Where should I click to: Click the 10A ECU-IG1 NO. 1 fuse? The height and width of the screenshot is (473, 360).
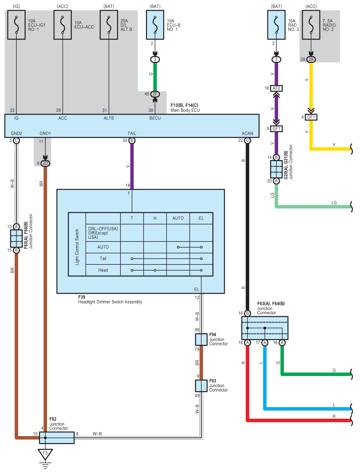pos(16,25)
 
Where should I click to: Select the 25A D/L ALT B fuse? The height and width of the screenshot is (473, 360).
pos(109,25)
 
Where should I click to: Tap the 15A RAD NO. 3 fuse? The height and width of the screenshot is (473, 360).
pos(276,25)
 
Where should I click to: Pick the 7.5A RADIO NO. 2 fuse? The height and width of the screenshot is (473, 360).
pos(311,25)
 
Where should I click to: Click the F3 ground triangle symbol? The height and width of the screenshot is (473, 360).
pos(45,454)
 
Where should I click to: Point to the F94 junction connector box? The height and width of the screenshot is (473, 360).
pos(201,340)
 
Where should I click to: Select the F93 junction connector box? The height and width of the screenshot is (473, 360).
pos(201,386)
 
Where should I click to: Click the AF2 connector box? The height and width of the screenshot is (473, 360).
pos(276,88)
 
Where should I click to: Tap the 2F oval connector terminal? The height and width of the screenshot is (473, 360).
pos(155,94)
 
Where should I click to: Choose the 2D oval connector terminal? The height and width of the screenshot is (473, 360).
pos(45,163)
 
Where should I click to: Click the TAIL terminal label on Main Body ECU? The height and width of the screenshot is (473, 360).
pos(132,133)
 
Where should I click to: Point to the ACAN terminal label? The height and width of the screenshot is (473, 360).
pos(247,133)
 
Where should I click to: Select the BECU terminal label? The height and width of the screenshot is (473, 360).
pos(155,118)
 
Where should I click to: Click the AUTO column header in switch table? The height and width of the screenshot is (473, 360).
pos(178,218)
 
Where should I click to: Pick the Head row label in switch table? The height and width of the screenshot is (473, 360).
pos(103,270)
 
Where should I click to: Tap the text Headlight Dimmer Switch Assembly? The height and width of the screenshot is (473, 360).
pos(110,302)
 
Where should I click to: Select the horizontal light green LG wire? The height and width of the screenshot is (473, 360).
pos(314,206)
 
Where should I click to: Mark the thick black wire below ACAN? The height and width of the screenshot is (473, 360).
pos(247,227)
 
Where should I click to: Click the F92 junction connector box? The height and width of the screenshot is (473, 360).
pos(57,438)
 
